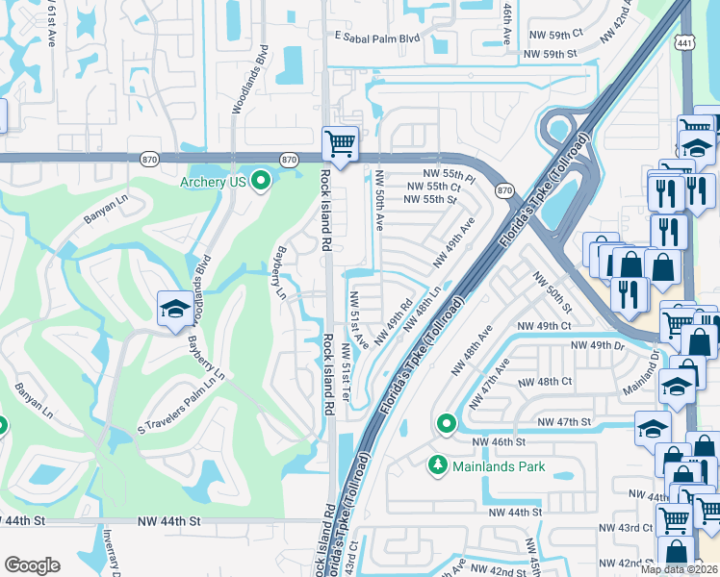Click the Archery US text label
(x=213, y=181)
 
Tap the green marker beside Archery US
(x=261, y=180)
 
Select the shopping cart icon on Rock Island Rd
(x=340, y=144)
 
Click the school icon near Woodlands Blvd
(x=174, y=309)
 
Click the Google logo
(x=33, y=564)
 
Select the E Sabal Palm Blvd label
(x=378, y=38)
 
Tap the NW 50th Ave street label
(x=379, y=200)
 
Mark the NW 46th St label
(x=499, y=441)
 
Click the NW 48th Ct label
(x=545, y=381)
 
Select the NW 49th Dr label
(x=598, y=344)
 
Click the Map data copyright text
(x=679, y=569)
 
